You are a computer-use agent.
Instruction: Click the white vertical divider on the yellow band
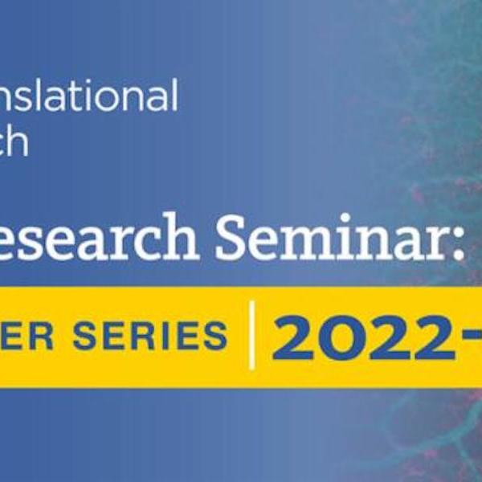(x=251, y=335)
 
